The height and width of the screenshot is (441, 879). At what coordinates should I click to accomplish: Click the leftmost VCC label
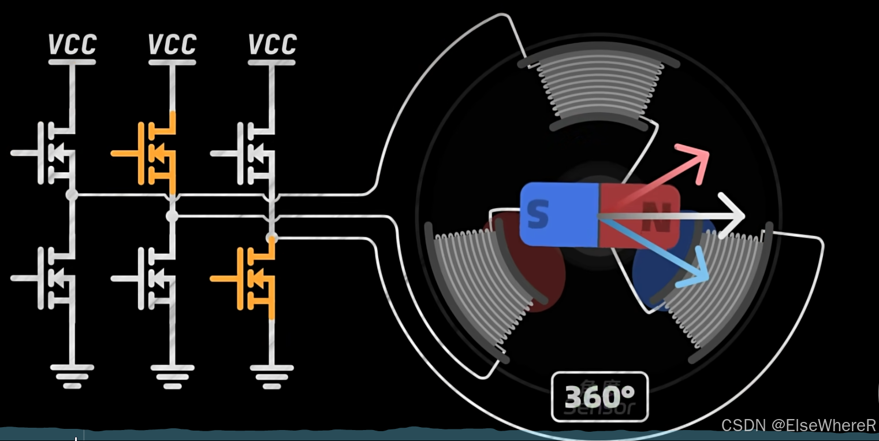pos(72,45)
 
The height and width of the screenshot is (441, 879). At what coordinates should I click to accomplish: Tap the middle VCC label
pos(172,45)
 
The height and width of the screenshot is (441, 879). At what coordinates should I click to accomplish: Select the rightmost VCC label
pos(272,45)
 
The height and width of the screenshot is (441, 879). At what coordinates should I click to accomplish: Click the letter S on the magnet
pos(538,214)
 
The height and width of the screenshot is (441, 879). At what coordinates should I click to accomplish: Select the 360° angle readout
pos(599,396)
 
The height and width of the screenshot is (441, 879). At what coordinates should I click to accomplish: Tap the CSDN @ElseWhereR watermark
pos(799,425)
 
